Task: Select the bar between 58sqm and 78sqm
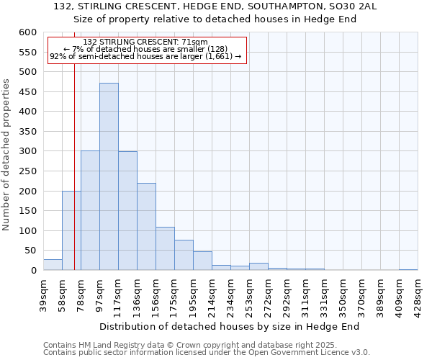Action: pos(71,230)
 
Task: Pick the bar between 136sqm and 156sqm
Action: pos(146,227)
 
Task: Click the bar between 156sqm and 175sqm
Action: pos(165,249)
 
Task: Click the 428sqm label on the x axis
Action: pos(418,294)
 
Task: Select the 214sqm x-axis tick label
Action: pos(212,294)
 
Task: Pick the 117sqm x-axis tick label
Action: pos(119,294)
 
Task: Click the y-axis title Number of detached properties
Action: pos(6,156)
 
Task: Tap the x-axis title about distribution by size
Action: pos(229,326)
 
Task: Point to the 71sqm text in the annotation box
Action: pos(194,42)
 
